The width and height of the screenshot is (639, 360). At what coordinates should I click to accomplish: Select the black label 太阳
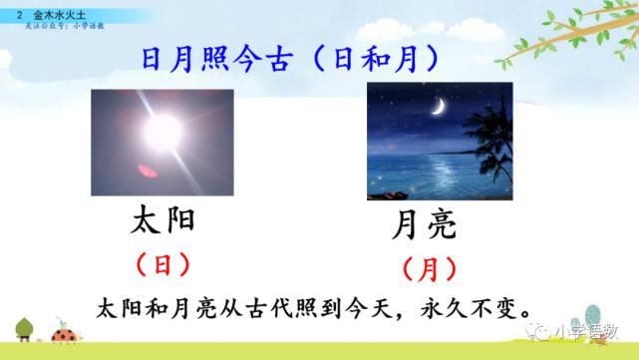pyautogui.click(x=162, y=220)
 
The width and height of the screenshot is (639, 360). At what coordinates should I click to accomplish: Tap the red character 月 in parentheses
pyautogui.click(x=430, y=268)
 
